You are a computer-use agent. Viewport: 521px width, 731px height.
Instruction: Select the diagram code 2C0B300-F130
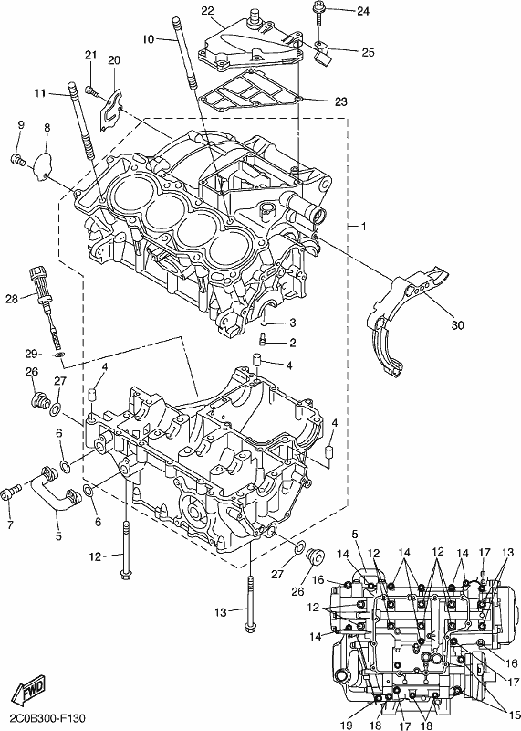43,718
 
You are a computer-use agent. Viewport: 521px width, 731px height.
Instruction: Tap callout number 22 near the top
208,11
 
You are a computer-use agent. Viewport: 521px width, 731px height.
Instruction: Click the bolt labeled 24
319,14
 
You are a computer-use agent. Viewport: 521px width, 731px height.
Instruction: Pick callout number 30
458,325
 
